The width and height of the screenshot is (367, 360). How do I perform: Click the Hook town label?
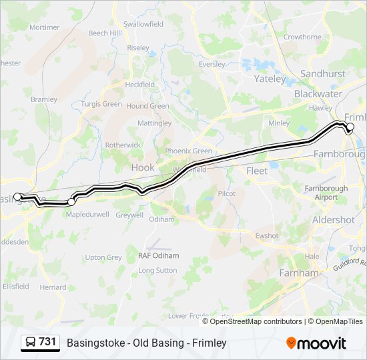143,168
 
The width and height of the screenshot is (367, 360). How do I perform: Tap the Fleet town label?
257,171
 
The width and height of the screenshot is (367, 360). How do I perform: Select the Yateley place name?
270,79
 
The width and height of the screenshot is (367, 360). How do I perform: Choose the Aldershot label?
333,219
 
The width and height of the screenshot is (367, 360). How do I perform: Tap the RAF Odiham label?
158,255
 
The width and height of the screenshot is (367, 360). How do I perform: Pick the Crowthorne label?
302,37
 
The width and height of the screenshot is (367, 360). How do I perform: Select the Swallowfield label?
143,24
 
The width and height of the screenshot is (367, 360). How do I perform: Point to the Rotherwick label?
123,145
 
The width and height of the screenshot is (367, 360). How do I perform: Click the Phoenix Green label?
189,151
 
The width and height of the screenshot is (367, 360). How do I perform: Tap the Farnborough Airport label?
326,193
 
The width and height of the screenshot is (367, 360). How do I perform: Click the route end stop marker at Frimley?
350,127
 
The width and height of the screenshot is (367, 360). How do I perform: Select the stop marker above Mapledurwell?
71,201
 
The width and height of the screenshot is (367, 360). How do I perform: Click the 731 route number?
47,342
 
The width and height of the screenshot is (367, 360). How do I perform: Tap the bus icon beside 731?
31,343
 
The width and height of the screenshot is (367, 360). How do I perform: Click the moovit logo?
316,343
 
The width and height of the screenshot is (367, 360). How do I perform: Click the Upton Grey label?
103,257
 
